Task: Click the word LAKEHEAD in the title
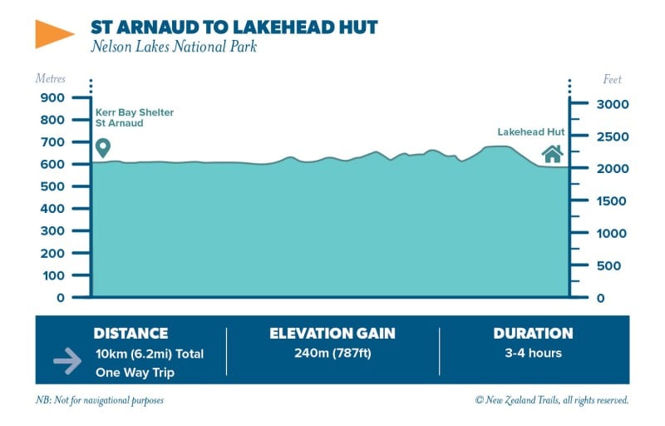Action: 283,27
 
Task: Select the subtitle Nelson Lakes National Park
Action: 174,47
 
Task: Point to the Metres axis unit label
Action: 51,78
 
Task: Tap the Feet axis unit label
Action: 612,79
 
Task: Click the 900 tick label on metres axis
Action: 52,97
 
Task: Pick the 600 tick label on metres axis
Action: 52,164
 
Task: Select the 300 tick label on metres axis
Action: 52,230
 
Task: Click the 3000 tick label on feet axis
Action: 613,104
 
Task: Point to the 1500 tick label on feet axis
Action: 612,201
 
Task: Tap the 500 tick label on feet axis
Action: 609,266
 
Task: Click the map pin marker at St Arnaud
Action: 103,148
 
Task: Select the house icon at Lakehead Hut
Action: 553,154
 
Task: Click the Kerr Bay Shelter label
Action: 135,112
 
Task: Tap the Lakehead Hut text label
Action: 531,132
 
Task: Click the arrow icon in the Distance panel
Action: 67,361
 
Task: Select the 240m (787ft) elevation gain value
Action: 333,353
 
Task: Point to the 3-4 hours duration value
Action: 533,353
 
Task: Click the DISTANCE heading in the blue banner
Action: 131,334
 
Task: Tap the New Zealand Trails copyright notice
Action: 552,400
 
